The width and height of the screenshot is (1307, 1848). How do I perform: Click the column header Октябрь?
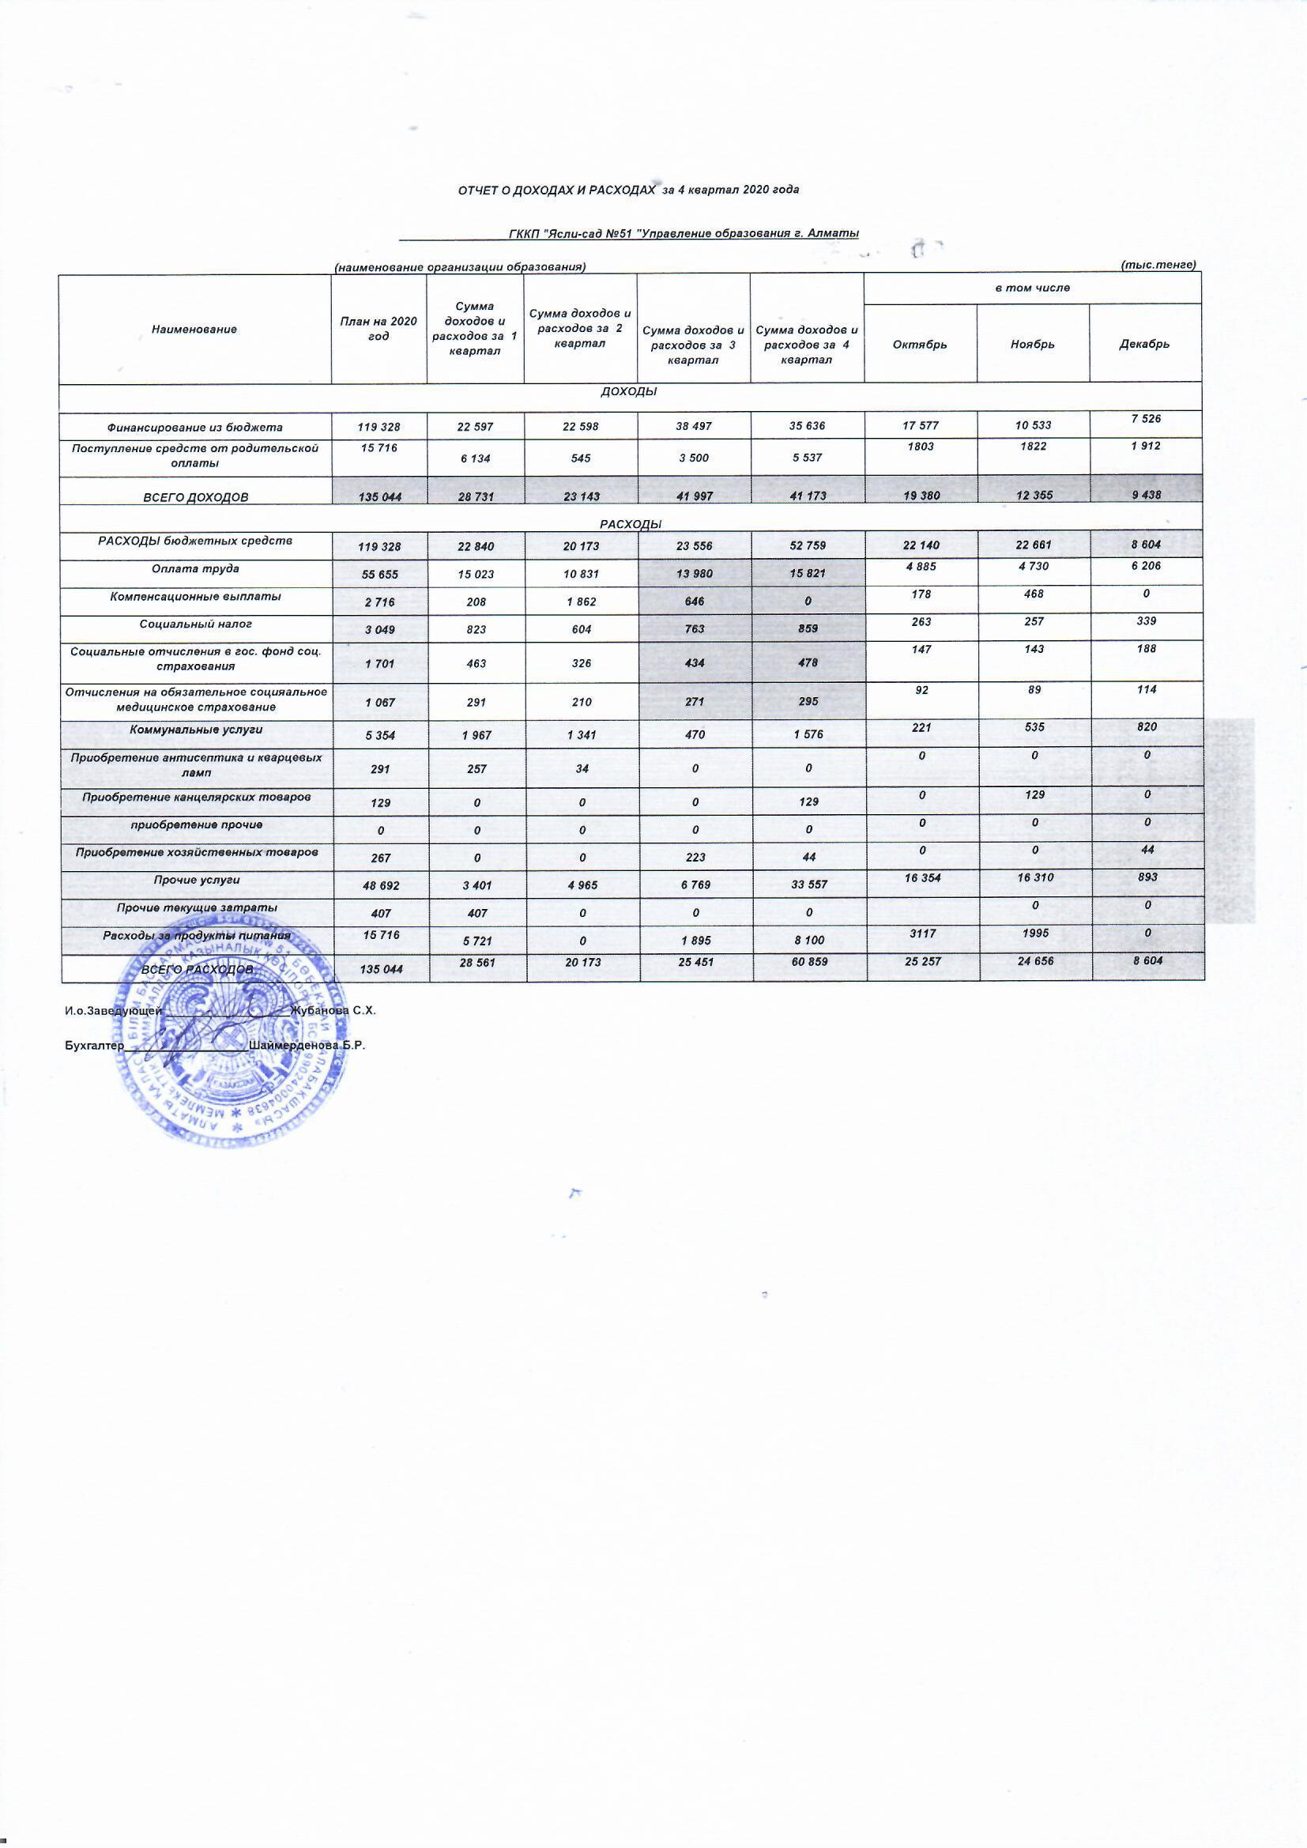coord(920,345)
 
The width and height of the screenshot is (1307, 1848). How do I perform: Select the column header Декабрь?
coord(1143,345)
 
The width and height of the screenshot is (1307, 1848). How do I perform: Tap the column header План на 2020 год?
coord(379,328)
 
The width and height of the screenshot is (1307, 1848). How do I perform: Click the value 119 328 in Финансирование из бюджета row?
coord(379,427)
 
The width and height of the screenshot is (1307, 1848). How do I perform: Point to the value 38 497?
coord(693,427)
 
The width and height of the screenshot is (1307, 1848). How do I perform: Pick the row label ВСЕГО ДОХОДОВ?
coord(195,497)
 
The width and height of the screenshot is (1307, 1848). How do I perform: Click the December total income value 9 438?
coord(1146,495)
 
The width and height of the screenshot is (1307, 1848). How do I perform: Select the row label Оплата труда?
coord(195,569)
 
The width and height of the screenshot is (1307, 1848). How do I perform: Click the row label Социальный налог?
coord(195,624)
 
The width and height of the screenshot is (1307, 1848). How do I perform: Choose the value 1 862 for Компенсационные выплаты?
coord(581,602)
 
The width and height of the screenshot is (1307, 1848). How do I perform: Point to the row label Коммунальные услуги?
coord(195,730)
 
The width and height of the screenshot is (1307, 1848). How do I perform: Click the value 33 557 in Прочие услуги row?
coord(808,884)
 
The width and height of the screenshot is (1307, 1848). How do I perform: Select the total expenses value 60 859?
coord(808,962)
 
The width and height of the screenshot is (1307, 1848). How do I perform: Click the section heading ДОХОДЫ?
coord(629,391)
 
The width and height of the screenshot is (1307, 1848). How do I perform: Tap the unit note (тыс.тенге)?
coord(1158,265)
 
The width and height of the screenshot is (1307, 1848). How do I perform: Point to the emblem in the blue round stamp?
coord(232,1045)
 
